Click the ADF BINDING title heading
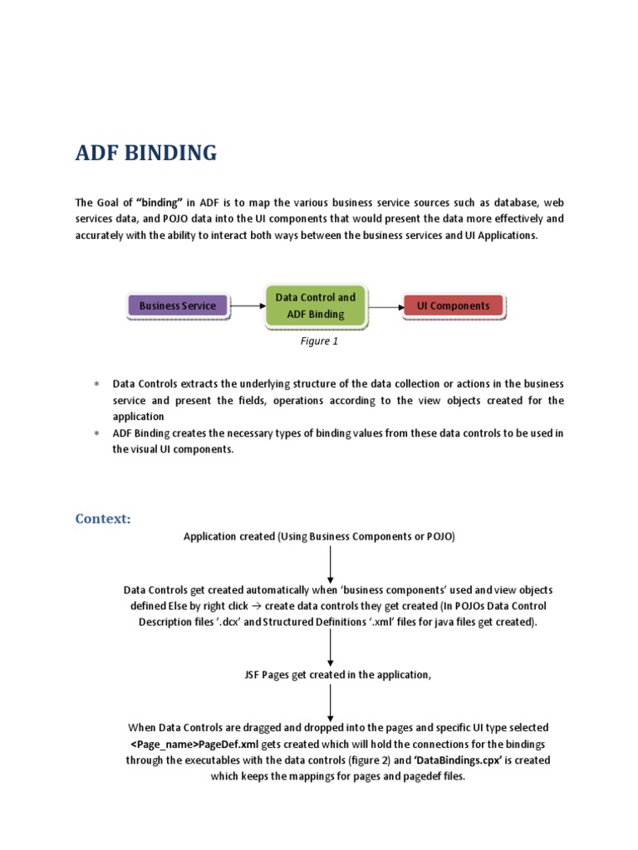click(146, 153)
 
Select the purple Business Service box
click(177, 305)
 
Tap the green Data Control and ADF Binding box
click(315, 305)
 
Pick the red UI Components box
click(453, 305)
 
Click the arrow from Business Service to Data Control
click(246, 305)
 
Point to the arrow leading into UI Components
click(384, 305)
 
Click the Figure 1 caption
click(319, 340)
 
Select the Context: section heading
click(103, 519)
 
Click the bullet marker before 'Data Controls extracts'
click(96, 384)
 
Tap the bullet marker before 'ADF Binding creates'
click(96, 433)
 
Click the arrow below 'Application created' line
click(331, 564)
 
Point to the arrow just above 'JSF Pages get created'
click(331, 647)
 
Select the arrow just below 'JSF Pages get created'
click(331, 702)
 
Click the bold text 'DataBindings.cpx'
click(459, 760)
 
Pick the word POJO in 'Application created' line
click(437, 537)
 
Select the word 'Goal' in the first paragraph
click(110, 203)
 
